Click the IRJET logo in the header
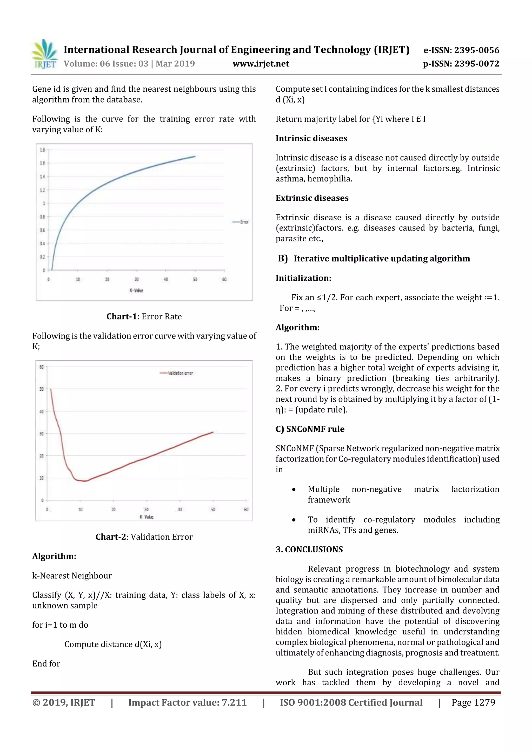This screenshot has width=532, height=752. pyautogui.click(x=44, y=54)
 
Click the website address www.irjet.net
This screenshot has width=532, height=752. pyautogui.click(x=261, y=64)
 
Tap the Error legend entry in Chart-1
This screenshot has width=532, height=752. pyautogui.click(x=241, y=222)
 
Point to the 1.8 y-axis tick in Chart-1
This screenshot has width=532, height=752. pyautogui.click(x=42, y=150)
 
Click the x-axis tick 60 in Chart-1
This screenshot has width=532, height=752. pyautogui.click(x=224, y=279)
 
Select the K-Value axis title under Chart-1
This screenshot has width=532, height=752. pyautogui.click(x=136, y=290)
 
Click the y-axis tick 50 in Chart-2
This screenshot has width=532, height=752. pyautogui.click(x=42, y=389)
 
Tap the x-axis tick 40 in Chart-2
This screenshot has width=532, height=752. pyautogui.click(x=179, y=509)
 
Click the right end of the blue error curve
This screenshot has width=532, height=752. pyautogui.click(x=195, y=157)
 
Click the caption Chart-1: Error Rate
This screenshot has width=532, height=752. pyautogui.click(x=144, y=316)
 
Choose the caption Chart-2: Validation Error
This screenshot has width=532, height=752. pyautogui.click(x=144, y=537)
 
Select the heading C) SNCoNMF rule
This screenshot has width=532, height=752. pyautogui.click(x=310, y=429)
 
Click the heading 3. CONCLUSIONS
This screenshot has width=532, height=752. pyautogui.click(x=309, y=549)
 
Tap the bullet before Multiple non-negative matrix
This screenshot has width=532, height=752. pyautogui.click(x=294, y=490)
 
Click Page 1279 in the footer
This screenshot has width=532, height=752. pyautogui.click(x=473, y=702)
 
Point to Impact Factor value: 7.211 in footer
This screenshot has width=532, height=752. pyautogui.click(x=187, y=702)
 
